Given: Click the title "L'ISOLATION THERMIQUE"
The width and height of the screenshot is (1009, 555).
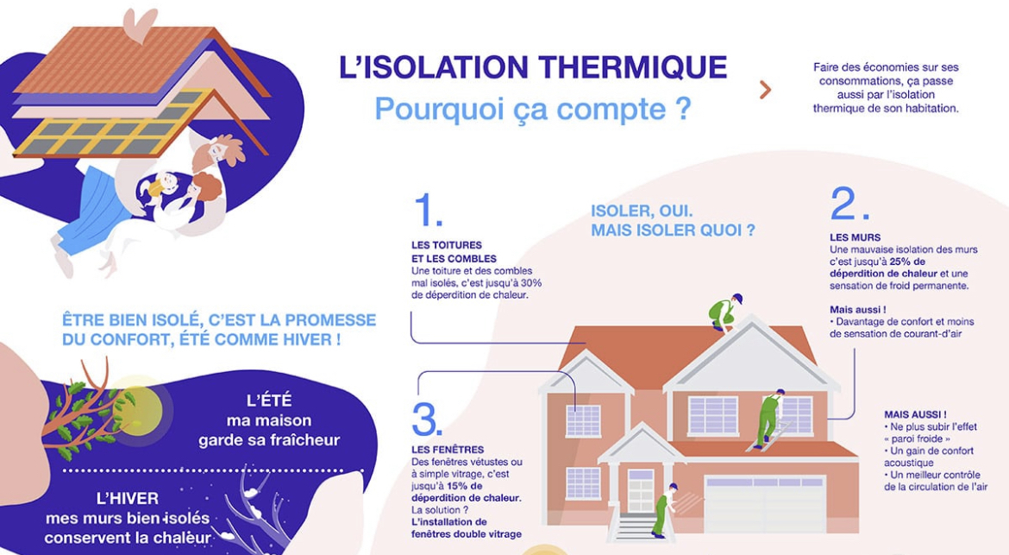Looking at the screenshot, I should click(x=532, y=68).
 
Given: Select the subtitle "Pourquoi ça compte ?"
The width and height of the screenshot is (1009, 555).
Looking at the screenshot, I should click(x=532, y=110).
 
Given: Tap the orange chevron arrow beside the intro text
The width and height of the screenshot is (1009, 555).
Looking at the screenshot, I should click(x=764, y=89).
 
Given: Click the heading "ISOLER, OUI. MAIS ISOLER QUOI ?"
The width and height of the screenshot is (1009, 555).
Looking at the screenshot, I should click(x=673, y=221).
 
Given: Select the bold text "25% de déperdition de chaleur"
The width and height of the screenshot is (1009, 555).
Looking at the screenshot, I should click(x=871, y=268).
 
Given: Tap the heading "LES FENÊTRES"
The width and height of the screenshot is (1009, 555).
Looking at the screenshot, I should click(x=448, y=450).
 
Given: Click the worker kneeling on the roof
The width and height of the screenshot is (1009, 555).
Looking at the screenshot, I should click(x=724, y=313).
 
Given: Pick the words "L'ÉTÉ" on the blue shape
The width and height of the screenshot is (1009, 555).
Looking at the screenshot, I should click(x=269, y=400).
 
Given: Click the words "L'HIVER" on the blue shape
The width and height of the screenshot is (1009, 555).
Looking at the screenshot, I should click(x=127, y=498).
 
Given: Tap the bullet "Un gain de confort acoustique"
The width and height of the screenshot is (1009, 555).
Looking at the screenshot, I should click(x=927, y=457).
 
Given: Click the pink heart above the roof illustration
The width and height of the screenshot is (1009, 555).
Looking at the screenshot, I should click(x=139, y=23).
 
